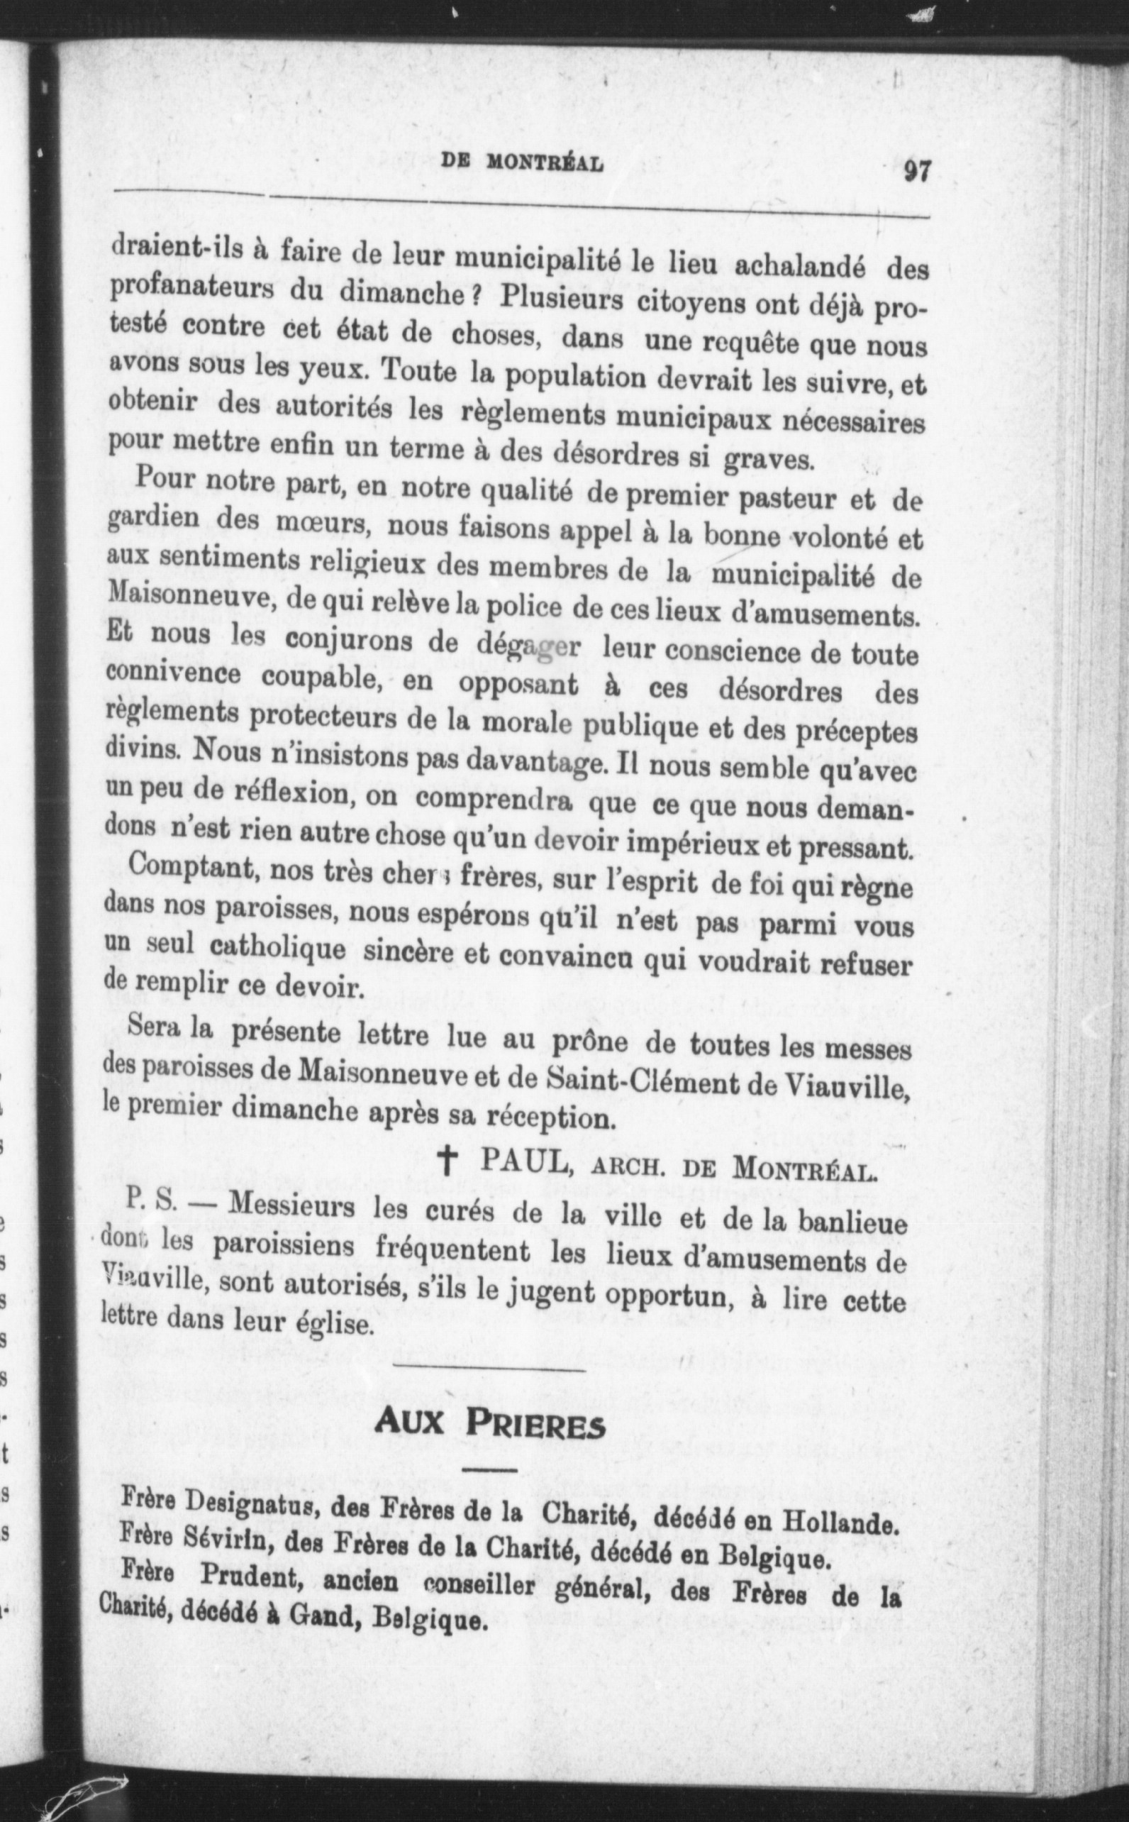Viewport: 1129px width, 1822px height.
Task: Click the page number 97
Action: [916, 171]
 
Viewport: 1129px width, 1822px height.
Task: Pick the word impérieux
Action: [693, 844]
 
